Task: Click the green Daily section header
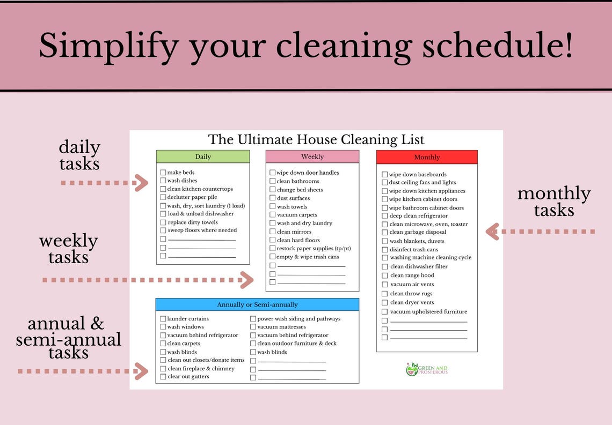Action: pos(203,156)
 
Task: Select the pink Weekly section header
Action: pos(312,156)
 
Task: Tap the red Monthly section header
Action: pos(427,157)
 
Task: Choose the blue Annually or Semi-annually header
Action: pos(257,304)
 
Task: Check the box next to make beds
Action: pos(163,173)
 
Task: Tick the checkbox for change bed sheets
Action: pos(273,190)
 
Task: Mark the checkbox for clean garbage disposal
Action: pos(385,233)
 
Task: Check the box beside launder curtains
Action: pos(163,319)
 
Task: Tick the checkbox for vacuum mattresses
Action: pos(253,327)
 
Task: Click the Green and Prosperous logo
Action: pos(427,369)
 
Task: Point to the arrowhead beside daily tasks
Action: pos(141,183)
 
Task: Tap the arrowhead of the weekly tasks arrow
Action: pos(246,280)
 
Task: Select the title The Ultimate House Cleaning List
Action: pos(316,140)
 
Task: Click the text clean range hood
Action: pos(412,275)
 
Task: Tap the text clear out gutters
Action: pos(188,377)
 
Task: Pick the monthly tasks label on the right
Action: pos(553,202)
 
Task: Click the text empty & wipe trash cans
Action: pos(308,257)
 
